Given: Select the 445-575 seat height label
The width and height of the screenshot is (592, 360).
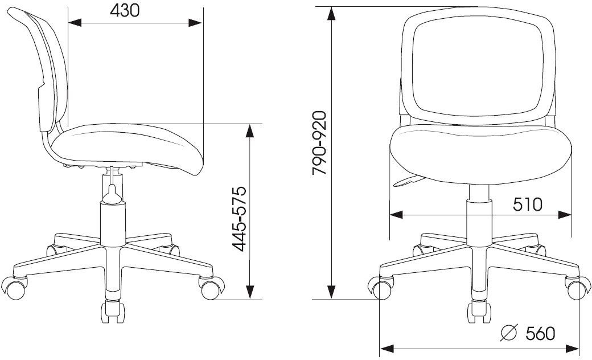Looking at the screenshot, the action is pyautogui.click(x=239, y=219).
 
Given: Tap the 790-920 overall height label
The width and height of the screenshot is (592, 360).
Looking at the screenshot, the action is pyautogui.click(x=319, y=143).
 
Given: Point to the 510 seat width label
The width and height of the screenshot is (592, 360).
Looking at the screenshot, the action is pyautogui.click(x=528, y=204).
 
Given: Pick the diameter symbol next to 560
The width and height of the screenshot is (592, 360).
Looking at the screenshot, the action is pyautogui.click(x=508, y=333).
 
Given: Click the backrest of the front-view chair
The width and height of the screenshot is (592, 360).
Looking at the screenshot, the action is pyautogui.click(x=478, y=66).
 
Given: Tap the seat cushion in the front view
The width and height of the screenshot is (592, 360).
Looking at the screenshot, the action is pyautogui.click(x=480, y=155).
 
